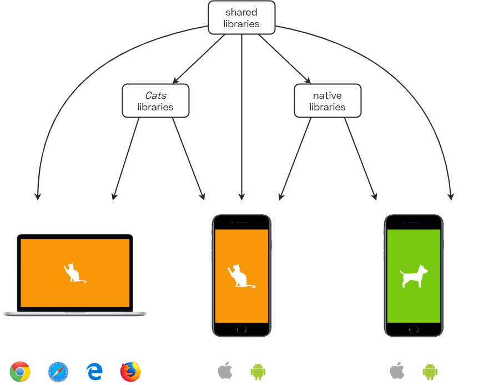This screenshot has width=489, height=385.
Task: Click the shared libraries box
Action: [x=241, y=17]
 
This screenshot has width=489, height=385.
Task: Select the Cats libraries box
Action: [x=155, y=101]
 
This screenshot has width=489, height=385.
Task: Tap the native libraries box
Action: [x=328, y=101]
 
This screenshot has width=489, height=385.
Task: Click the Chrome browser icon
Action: [x=20, y=371]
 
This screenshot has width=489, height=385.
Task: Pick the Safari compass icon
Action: [x=58, y=372]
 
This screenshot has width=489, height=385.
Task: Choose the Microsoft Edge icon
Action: [x=94, y=372]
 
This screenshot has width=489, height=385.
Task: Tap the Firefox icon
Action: [x=130, y=371]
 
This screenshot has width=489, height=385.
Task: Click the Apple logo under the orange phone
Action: [x=225, y=371]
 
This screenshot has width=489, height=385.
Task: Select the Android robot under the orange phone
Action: [x=258, y=372]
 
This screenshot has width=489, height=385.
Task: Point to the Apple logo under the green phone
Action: [x=397, y=371]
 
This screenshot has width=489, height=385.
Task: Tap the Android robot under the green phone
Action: [x=430, y=372]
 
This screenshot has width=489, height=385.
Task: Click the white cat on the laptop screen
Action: [x=74, y=273]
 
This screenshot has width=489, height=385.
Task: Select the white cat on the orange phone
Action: [x=241, y=276]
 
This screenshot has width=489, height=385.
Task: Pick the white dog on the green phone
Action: [x=414, y=276]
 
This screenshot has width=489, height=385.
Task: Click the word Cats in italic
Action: [x=156, y=95]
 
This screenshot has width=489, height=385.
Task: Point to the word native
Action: [x=327, y=95]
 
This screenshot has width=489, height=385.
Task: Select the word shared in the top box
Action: [x=241, y=12]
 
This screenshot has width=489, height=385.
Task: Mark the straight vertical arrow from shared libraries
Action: [x=241, y=117]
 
